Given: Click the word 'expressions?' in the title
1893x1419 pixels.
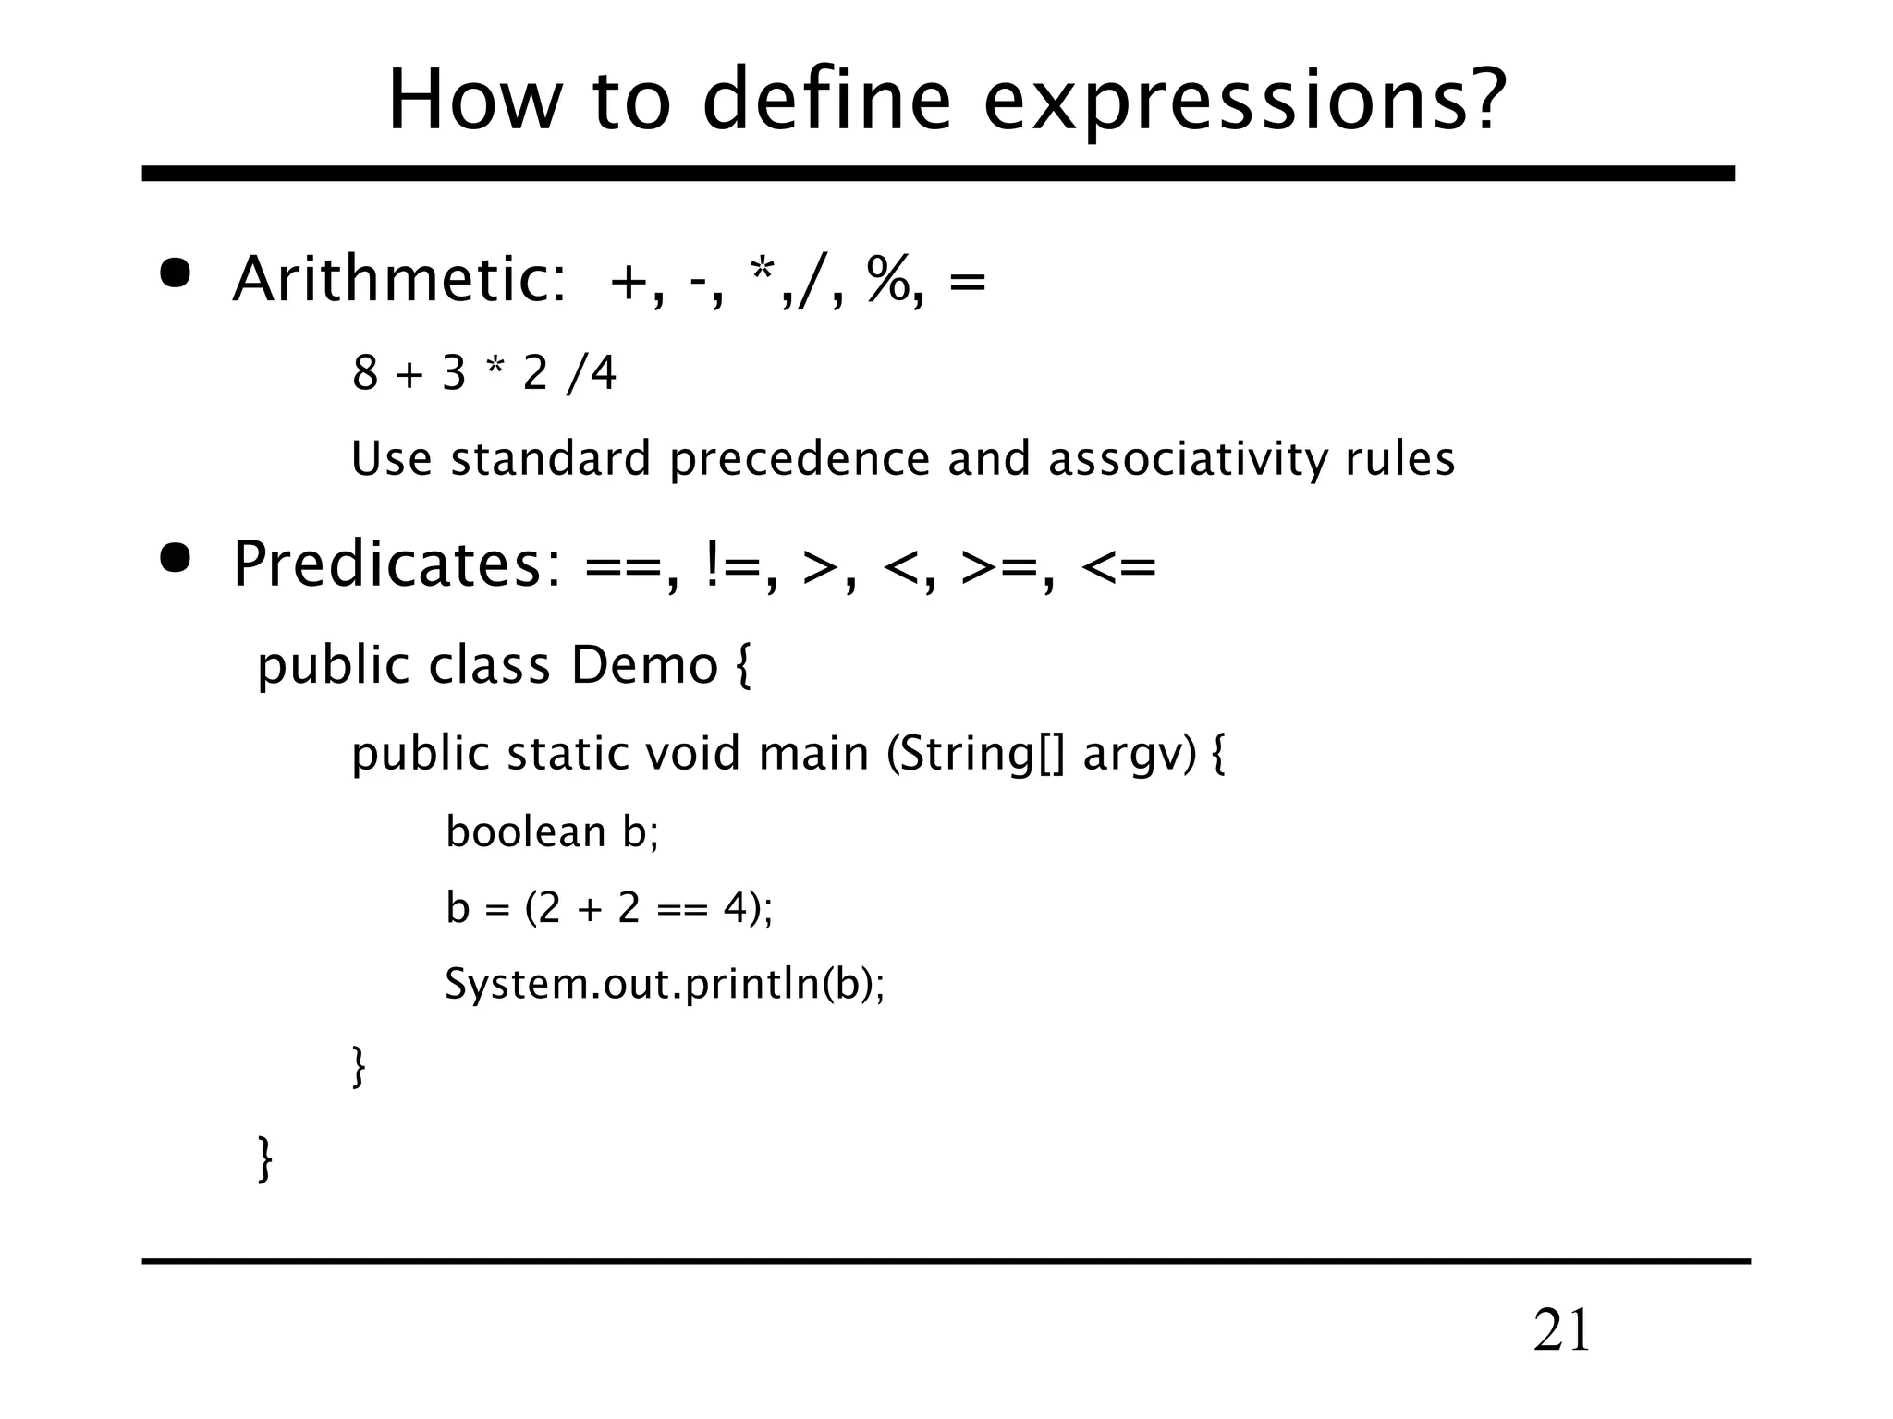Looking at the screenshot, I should click(x=1244, y=102).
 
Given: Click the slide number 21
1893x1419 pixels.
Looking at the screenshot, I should click(x=1561, y=1331).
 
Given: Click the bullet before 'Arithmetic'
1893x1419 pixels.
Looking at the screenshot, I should click(x=175, y=274).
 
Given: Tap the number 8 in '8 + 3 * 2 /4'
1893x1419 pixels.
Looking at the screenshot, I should click(x=365, y=374).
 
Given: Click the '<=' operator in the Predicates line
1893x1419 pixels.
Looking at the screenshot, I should click(x=1117, y=564).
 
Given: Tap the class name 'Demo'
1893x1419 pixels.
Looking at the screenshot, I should click(x=643, y=665).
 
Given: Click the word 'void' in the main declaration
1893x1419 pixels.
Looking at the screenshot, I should click(x=692, y=753).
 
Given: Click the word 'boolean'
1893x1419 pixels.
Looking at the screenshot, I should click(x=525, y=831).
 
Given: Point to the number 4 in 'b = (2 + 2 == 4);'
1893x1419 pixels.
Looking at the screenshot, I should click(x=735, y=908).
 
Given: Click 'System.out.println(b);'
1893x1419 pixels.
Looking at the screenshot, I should click(x=664, y=983).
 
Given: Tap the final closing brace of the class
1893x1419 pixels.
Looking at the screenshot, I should click(x=265, y=1158).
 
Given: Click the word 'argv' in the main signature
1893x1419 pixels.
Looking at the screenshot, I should click(x=1133, y=755).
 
